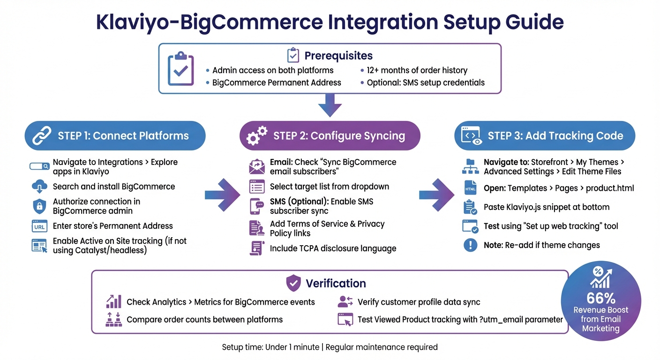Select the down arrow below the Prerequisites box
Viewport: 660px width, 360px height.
330,105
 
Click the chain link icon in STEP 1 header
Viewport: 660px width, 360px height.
42,136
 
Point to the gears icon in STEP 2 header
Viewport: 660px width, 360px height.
256,135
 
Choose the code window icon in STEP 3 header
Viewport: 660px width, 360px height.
471,135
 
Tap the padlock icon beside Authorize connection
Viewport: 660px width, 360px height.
39,206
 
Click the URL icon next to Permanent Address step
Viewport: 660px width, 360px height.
39,226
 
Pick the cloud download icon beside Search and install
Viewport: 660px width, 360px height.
39,187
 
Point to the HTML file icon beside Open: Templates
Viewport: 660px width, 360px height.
470,188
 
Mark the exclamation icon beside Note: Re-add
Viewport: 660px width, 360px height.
470,245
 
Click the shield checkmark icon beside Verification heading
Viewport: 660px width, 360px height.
293,283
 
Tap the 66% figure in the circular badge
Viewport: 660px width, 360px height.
600,298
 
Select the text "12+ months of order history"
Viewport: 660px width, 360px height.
417,70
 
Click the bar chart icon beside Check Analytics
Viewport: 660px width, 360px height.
114,302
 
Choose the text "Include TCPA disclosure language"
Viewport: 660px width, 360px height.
333,248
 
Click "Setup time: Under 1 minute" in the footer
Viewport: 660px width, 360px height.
270,347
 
